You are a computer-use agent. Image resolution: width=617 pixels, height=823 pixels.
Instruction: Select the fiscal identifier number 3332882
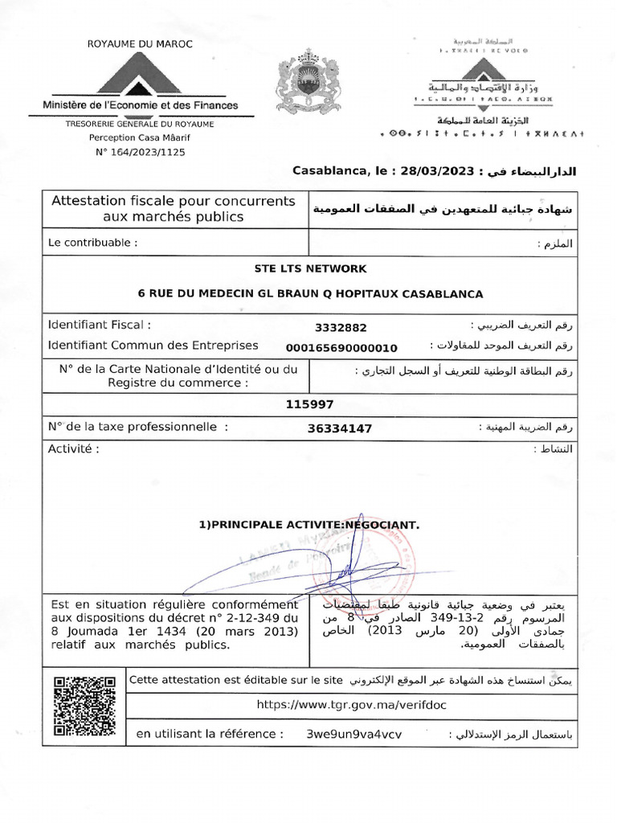[x=341, y=327]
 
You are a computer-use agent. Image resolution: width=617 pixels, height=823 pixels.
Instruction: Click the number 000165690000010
[x=341, y=347]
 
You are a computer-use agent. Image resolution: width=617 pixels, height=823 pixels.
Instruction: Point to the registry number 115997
[x=309, y=404]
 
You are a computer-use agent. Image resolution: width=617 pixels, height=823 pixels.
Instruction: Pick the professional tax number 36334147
[x=339, y=428]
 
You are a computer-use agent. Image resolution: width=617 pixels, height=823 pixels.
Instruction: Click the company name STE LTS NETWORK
[x=309, y=268]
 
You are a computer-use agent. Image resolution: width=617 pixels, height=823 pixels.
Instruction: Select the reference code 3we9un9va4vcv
[x=354, y=735]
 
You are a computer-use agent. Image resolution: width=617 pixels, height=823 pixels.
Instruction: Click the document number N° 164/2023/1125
[x=140, y=152]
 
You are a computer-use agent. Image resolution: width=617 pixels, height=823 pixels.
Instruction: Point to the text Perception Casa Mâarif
[x=140, y=138]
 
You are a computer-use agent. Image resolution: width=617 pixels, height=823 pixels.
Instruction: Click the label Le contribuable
[x=92, y=242]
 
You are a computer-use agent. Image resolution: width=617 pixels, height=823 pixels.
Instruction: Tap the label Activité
[x=74, y=448]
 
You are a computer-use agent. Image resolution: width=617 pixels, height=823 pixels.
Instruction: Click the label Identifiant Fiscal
[x=100, y=326]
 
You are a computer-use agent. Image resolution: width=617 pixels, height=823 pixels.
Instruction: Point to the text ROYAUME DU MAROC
[x=140, y=43]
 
